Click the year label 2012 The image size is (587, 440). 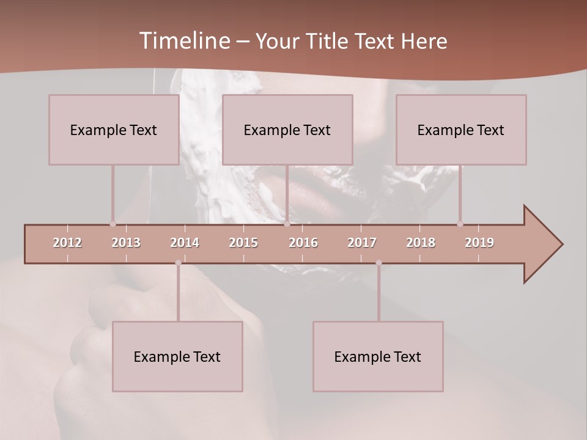[x=67, y=243]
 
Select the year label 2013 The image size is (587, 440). [x=126, y=243]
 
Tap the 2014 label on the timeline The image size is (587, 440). [x=185, y=243]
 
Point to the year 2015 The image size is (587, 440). [x=243, y=243]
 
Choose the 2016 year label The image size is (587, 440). [x=303, y=243]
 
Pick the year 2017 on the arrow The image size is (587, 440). [x=362, y=243]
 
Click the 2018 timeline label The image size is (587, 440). [x=421, y=243]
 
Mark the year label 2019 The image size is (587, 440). [x=479, y=243]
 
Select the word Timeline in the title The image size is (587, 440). [x=183, y=41]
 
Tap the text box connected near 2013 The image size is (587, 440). [x=114, y=130]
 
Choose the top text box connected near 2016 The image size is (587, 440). [x=287, y=130]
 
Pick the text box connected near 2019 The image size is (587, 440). [x=461, y=130]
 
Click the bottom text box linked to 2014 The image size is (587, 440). [x=177, y=356]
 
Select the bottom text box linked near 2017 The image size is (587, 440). [x=378, y=356]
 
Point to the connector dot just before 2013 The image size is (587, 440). [x=113, y=224]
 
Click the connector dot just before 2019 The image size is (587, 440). [x=460, y=224]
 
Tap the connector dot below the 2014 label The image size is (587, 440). [x=178, y=263]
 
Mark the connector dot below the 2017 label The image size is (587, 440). [x=378, y=263]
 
